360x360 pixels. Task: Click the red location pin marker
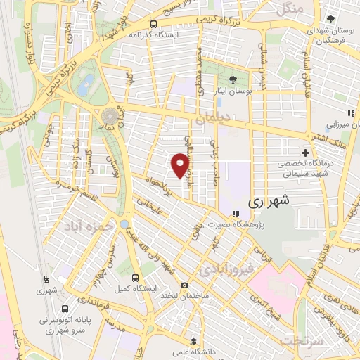tap(180, 165)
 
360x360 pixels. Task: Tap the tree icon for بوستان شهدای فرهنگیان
tap(330, 19)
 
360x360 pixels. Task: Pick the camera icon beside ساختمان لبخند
tap(184, 285)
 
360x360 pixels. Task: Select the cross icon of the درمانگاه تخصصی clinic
tap(304, 153)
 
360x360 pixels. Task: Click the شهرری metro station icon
tap(46, 278)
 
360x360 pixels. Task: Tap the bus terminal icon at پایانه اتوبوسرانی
tap(65, 309)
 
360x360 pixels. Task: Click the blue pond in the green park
tap(85, 85)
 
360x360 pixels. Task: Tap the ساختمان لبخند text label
tap(185, 297)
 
